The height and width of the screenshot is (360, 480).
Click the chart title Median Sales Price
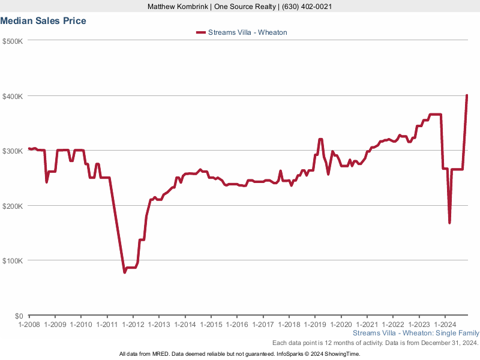[43, 21]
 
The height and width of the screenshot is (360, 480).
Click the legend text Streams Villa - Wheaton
[247, 32]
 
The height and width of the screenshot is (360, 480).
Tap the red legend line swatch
[200, 32]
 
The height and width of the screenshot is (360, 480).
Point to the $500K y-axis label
[12, 41]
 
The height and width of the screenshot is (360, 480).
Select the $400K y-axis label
[12, 96]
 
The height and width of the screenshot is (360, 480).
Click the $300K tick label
[12, 151]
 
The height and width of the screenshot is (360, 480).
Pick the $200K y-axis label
[12, 206]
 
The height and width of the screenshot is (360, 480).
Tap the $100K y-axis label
[12, 261]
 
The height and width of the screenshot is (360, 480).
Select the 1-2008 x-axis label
[29, 325]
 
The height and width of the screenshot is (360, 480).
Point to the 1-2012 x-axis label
[133, 325]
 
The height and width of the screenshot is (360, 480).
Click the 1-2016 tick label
[236, 325]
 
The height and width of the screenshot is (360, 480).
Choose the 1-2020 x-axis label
[340, 325]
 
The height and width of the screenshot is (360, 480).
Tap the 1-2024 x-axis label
[444, 325]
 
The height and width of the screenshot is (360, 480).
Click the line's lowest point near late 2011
[124, 272]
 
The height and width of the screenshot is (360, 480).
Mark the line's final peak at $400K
[467, 96]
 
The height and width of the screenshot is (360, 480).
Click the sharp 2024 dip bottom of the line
[449, 223]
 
